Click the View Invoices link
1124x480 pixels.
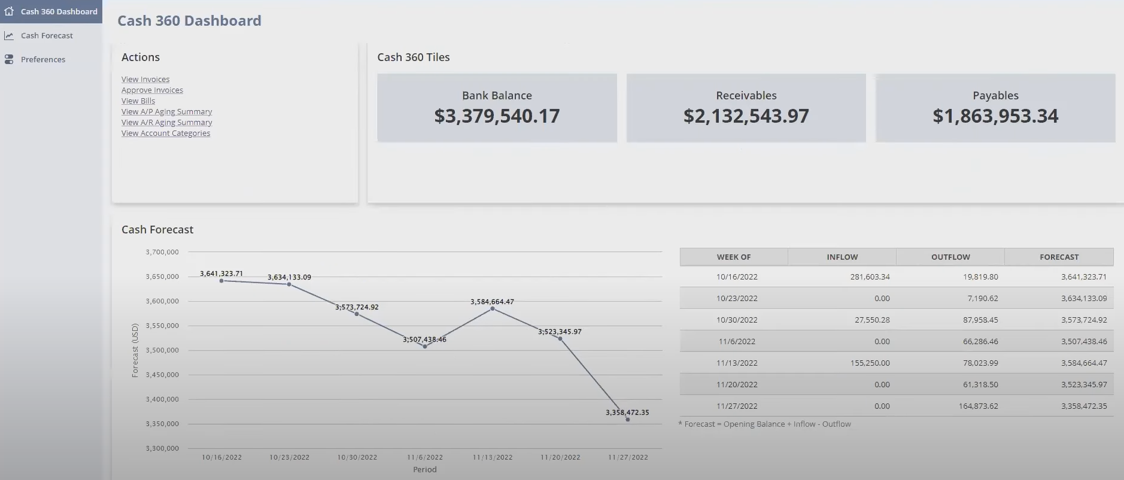145,79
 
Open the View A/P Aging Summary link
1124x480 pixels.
166,111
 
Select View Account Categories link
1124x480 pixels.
166,133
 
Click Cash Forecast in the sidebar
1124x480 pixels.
47,35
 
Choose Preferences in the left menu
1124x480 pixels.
43,59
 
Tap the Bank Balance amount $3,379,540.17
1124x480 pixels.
497,116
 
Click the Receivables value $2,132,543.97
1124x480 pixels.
746,116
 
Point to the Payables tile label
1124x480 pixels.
995,95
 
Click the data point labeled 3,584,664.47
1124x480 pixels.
493,309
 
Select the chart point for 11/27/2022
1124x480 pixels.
628,420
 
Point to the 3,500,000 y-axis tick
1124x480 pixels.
162,350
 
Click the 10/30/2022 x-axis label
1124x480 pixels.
357,457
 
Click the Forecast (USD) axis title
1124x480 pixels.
135,350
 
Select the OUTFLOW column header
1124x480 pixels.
950,257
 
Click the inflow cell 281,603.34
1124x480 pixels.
870,277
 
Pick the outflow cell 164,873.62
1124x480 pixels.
978,406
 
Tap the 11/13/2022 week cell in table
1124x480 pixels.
737,363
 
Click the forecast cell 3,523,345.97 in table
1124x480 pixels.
1084,384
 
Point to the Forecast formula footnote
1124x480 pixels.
764,424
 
